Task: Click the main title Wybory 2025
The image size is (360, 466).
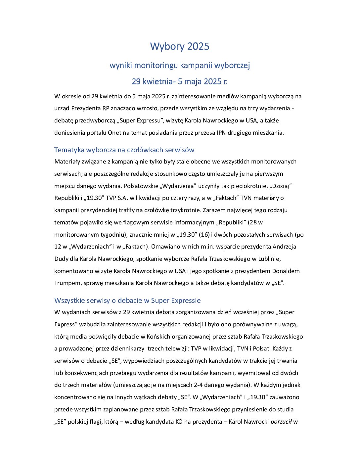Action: click(180, 46)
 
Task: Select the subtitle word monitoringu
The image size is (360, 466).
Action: click(161, 65)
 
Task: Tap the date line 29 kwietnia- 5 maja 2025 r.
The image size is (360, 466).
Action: click(180, 81)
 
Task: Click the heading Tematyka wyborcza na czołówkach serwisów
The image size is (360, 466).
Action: click(124, 150)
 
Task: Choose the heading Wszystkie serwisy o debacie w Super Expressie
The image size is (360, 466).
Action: click(127, 301)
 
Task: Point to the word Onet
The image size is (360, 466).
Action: click(114, 133)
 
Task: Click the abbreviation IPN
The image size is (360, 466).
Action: click(221, 133)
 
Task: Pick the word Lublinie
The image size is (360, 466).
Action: click(267, 259)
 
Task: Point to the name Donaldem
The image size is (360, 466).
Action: click(286, 271)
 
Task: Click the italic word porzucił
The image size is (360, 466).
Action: click(281, 422)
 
